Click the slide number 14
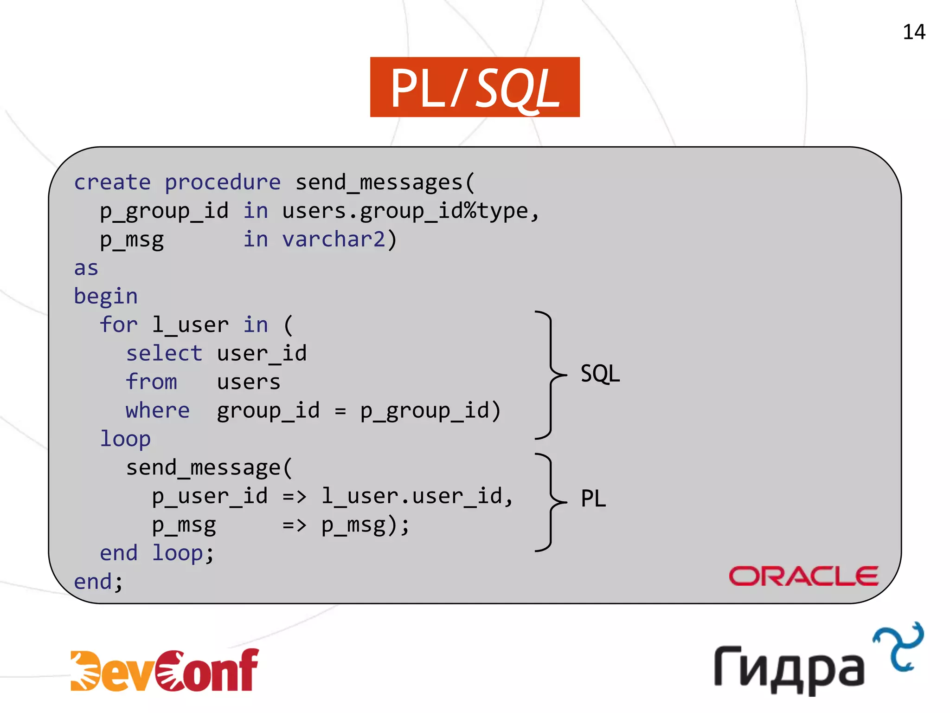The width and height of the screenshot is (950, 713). (913, 32)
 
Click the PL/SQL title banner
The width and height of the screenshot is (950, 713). (475, 87)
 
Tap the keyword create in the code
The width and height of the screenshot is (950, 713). (112, 182)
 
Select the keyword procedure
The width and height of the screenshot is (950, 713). (223, 182)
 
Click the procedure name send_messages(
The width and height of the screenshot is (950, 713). (385, 182)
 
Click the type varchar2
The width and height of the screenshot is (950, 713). (334, 240)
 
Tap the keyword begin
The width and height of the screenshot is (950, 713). (106, 297)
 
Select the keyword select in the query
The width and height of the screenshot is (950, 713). (164, 354)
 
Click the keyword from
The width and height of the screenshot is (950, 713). (151, 382)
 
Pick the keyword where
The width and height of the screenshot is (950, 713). (158, 411)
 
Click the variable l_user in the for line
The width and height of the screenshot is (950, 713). (191, 325)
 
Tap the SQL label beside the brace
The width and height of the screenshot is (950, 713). (600, 374)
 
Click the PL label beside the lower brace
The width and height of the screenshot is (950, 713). (593, 499)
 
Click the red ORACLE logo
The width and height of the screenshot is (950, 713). (803, 576)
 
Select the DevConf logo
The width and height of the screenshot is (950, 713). (165, 670)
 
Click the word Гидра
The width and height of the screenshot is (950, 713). (789, 668)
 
